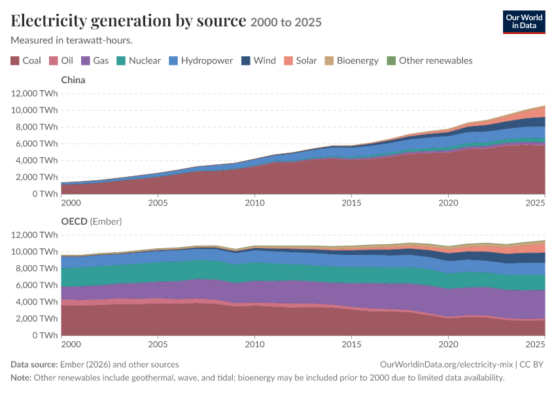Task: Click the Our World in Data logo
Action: (524, 22)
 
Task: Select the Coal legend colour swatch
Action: (15, 61)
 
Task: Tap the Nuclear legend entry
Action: (139, 61)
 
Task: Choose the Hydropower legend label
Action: (207, 61)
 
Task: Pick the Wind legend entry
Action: (258, 61)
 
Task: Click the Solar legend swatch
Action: (288, 61)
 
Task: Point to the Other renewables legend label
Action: (436, 61)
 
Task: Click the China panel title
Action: (73, 80)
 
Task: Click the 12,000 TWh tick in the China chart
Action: (34, 94)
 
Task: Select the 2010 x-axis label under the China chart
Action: (254, 202)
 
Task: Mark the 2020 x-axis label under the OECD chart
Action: (448, 344)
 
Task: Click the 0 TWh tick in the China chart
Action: (45, 194)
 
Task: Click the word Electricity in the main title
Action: (48, 20)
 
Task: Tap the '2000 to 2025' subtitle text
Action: (286, 22)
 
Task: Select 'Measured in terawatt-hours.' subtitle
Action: (72, 40)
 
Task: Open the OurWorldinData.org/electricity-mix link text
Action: (446, 365)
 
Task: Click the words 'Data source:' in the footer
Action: (34, 365)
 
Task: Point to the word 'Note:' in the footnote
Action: (21, 377)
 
